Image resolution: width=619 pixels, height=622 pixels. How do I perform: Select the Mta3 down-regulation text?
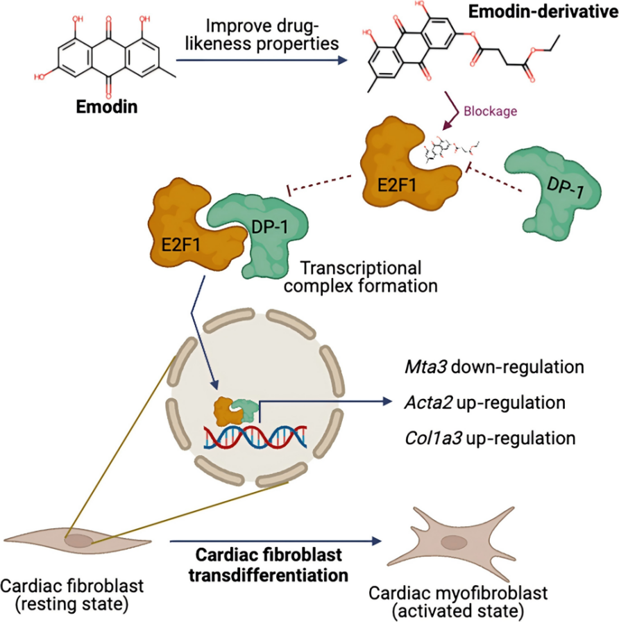click(494, 366)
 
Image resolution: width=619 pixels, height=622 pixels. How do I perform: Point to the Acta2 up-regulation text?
click(484, 402)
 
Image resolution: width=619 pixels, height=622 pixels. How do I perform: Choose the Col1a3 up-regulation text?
click(491, 439)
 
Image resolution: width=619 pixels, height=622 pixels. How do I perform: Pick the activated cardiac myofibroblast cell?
click(454, 542)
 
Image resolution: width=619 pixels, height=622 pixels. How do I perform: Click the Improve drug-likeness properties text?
click(266, 35)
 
